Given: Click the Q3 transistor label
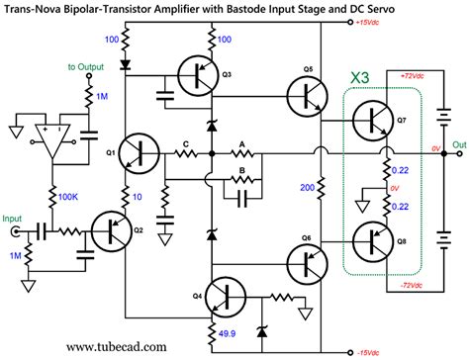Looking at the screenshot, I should (227, 74).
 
